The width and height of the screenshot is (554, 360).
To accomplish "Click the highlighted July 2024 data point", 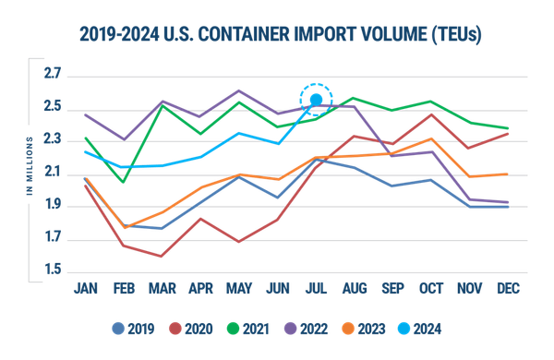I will [x=315, y=99].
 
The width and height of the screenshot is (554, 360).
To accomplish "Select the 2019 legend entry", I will [x=135, y=327].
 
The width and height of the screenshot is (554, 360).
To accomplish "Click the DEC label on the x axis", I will [x=508, y=288].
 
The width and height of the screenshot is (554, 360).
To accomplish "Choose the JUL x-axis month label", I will [x=315, y=288].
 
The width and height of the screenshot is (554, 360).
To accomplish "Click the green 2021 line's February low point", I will [x=123, y=183].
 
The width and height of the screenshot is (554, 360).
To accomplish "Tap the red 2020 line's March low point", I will [x=162, y=257].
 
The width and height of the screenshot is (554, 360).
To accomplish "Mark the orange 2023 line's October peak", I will [x=430, y=138].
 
